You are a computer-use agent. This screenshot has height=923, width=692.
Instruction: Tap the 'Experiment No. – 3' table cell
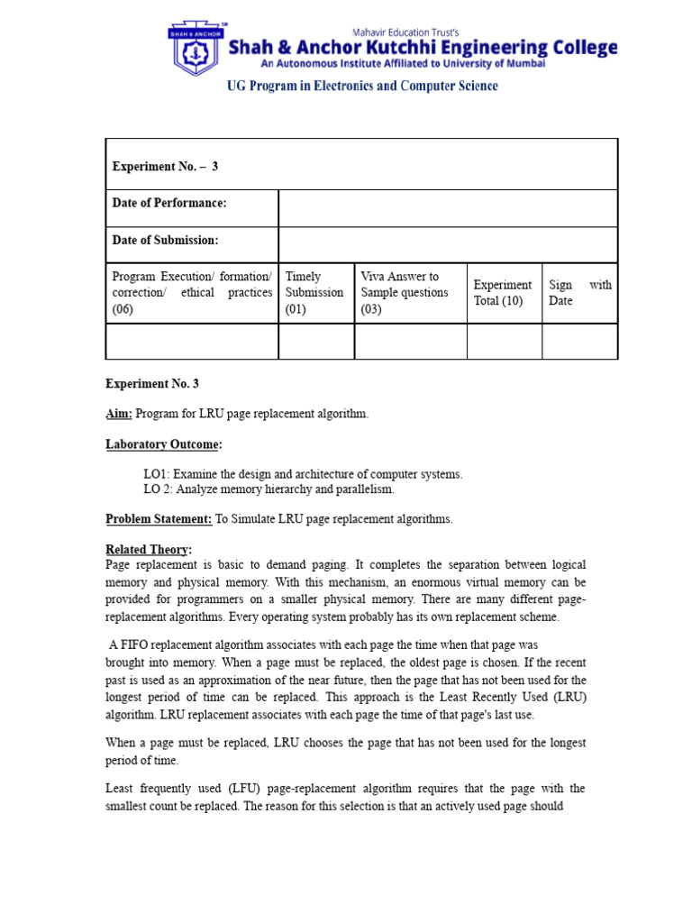(x=165, y=166)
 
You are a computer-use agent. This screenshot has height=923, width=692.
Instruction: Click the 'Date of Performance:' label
(x=169, y=204)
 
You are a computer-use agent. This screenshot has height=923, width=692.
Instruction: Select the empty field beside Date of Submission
(x=447, y=244)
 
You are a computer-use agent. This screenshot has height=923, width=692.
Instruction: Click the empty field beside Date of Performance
(x=447, y=208)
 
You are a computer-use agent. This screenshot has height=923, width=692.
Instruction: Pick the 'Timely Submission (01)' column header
(x=314, y=293)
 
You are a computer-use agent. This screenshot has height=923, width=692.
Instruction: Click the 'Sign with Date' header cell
(x=579, y=293)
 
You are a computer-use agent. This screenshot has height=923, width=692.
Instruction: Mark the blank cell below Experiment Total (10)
(x=503, y=342)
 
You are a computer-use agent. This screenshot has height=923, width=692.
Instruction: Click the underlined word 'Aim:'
(x=119, y=414)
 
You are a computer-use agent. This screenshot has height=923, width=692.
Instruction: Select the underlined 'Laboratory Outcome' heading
(x=162, y=444)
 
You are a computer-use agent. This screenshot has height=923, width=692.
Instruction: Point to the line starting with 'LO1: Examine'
(x=303, y=474)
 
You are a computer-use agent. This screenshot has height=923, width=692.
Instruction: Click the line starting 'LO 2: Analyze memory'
(x=269, y=489)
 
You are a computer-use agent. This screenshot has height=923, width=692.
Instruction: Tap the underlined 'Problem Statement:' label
(x=159, y=519)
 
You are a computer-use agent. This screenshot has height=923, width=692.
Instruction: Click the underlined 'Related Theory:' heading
(x=149, y=550)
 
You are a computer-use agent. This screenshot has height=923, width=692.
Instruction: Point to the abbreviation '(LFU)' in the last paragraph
(x=240, y=789)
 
